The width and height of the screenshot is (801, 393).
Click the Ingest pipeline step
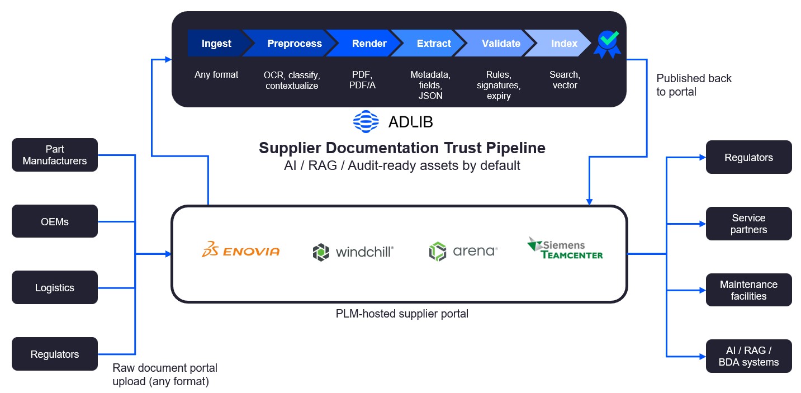(x=216, y=44)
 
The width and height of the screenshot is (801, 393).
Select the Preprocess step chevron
(x=294, y=44)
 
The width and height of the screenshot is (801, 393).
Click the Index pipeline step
(x=564, y=44)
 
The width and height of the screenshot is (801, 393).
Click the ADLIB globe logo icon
(x=366, y=121)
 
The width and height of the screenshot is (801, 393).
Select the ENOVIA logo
(x=241, y=250)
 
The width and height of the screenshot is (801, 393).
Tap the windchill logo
(x=353, y=252)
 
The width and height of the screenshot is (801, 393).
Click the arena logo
(x=463, y=252)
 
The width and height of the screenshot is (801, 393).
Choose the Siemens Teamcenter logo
(x=565, y=249)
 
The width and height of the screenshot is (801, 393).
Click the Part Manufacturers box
(x=55, y=155)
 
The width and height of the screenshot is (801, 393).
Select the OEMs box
(x=55, y=221)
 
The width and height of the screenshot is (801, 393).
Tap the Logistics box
(x=55, y=288)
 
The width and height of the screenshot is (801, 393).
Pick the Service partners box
(x=748, y=224)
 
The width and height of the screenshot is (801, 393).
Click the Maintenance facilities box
(x=748, y=290)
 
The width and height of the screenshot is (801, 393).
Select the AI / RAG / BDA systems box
(x=748, y=356)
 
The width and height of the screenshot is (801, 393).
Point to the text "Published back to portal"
(x=694, y=85)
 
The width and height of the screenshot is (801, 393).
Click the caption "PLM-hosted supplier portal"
(x=402, y=314)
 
